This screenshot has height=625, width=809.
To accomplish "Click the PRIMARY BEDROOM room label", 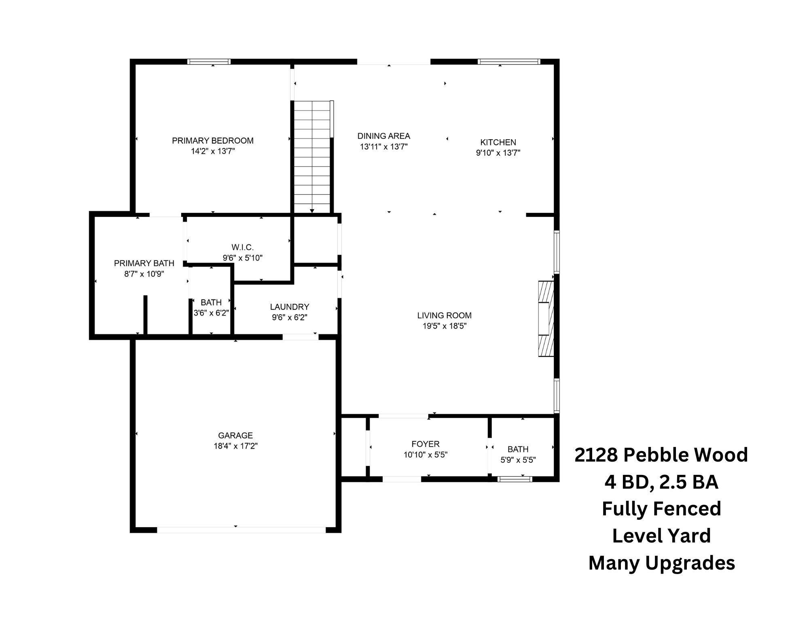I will click(213, 141).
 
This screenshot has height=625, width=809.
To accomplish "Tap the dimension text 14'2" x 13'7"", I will click(213, 151).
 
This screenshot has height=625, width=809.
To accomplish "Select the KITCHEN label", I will click(498, 142).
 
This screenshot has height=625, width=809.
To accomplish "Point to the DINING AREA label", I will click(383, 136).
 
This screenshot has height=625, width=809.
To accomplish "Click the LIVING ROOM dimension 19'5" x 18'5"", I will click(445, 326).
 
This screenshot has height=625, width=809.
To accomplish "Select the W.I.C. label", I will click(243, 247).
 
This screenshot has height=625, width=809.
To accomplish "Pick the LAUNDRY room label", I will click(290, 307).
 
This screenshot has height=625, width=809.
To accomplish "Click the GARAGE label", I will click(235, 435).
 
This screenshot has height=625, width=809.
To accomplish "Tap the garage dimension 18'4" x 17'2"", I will click(235, 446).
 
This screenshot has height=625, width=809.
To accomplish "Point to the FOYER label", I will click(426, 444).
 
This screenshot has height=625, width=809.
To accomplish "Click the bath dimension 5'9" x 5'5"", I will click(518, 460).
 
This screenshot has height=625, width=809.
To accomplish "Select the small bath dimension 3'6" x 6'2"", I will click(211, 313).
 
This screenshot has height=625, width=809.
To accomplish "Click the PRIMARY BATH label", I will click(144, 263).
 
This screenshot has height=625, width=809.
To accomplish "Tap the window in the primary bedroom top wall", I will click(209, 62).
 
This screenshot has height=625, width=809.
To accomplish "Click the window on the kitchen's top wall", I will click(508, 62).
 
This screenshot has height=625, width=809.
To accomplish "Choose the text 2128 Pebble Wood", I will click(661, 455).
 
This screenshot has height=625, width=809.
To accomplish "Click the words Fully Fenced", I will click(661, 508).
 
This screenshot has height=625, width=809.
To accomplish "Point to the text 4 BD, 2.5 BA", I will click(661, 482).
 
